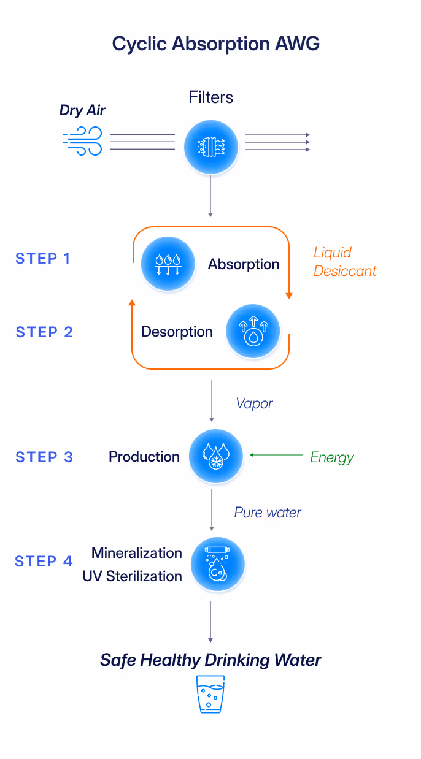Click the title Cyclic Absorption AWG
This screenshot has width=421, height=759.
pos(215,44)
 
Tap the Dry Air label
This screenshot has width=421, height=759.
pos(82,111)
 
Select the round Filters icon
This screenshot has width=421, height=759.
pos(211,145)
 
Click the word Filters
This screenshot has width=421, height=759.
pos(211,97)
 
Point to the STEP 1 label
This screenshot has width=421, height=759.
pos(43,259)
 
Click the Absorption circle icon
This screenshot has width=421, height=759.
pos(168,264)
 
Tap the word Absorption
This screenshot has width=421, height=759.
pos(244,265)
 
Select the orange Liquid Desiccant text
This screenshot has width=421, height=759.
pos(344,262)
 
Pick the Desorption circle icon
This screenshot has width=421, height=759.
pos(253,332)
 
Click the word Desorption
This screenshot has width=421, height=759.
pos(177,332)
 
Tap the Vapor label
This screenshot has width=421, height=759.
pos(255,403)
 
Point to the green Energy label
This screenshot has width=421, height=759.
pos(332,458)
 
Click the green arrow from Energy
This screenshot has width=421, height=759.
pos(276,456)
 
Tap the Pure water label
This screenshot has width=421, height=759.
pos(268,513)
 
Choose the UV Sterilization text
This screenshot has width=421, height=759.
pos(132,576)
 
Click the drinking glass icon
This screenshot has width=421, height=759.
pos(210,694)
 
